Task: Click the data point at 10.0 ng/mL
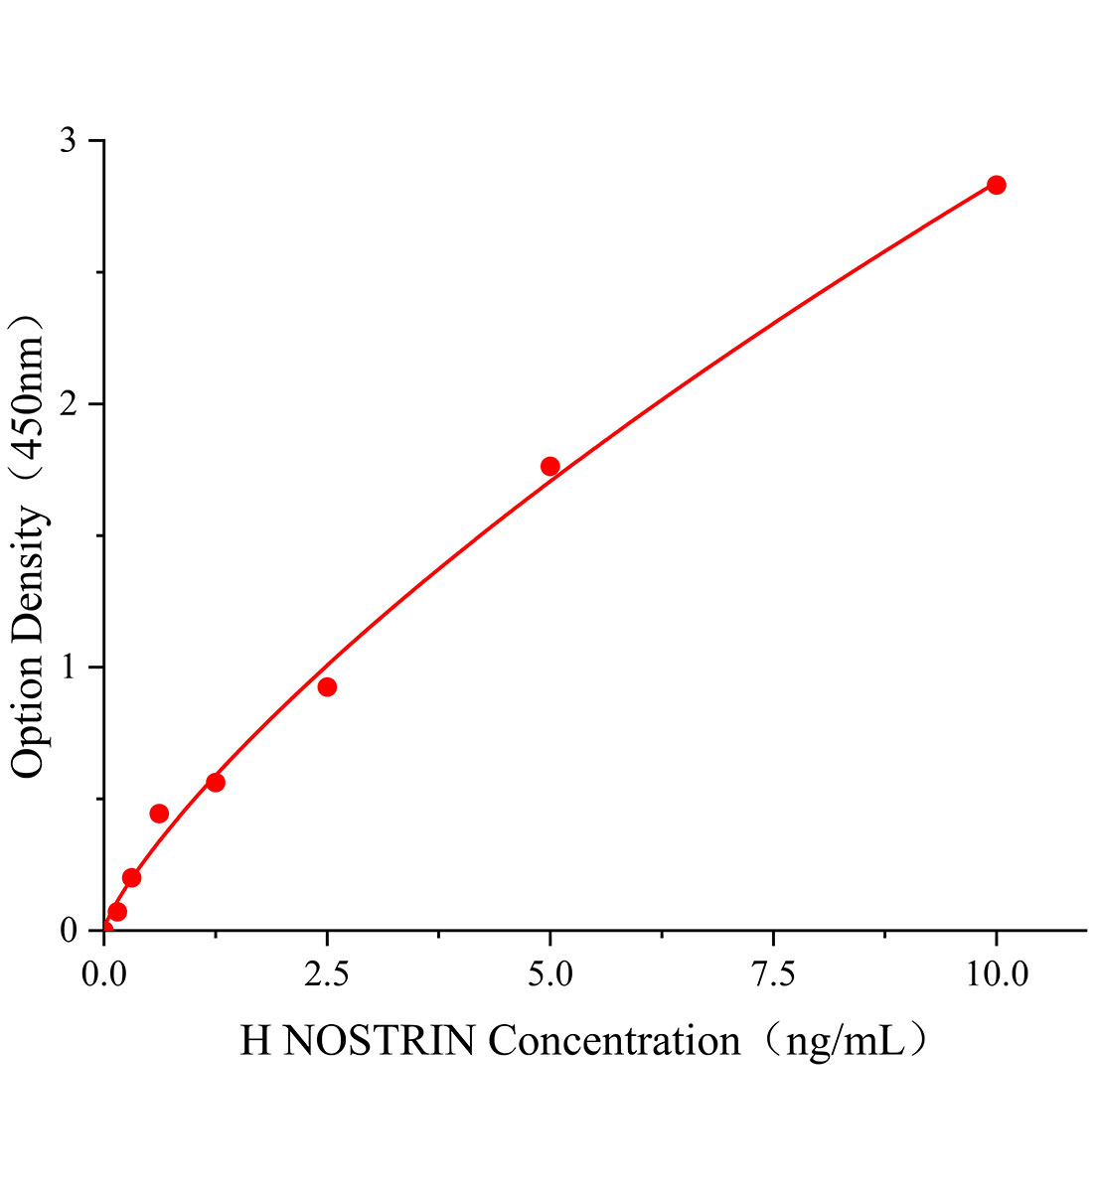[x=996, y=185]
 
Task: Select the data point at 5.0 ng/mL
[x=549, y=466]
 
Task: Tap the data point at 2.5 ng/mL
[x=327, y=686]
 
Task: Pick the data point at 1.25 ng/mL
[x=215, y=782]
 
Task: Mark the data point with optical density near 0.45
[x=159, y=814]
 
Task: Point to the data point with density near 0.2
[x=131, y=877]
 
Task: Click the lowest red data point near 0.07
[x=117, y=912]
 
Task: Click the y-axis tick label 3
[x=68, y=141]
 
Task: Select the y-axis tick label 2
[x=68, y=404]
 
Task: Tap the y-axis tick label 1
[x=68, y=668]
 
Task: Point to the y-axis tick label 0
[x=68, y=931]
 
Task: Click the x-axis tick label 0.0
[x=103, y=975]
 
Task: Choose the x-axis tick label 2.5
[x=327, y=975]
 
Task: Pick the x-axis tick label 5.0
[x=549, y=975]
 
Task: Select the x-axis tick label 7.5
[x=773, y=975]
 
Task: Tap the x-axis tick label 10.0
[x=996, y=975]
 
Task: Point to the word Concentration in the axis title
[x=614, y=1041]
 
